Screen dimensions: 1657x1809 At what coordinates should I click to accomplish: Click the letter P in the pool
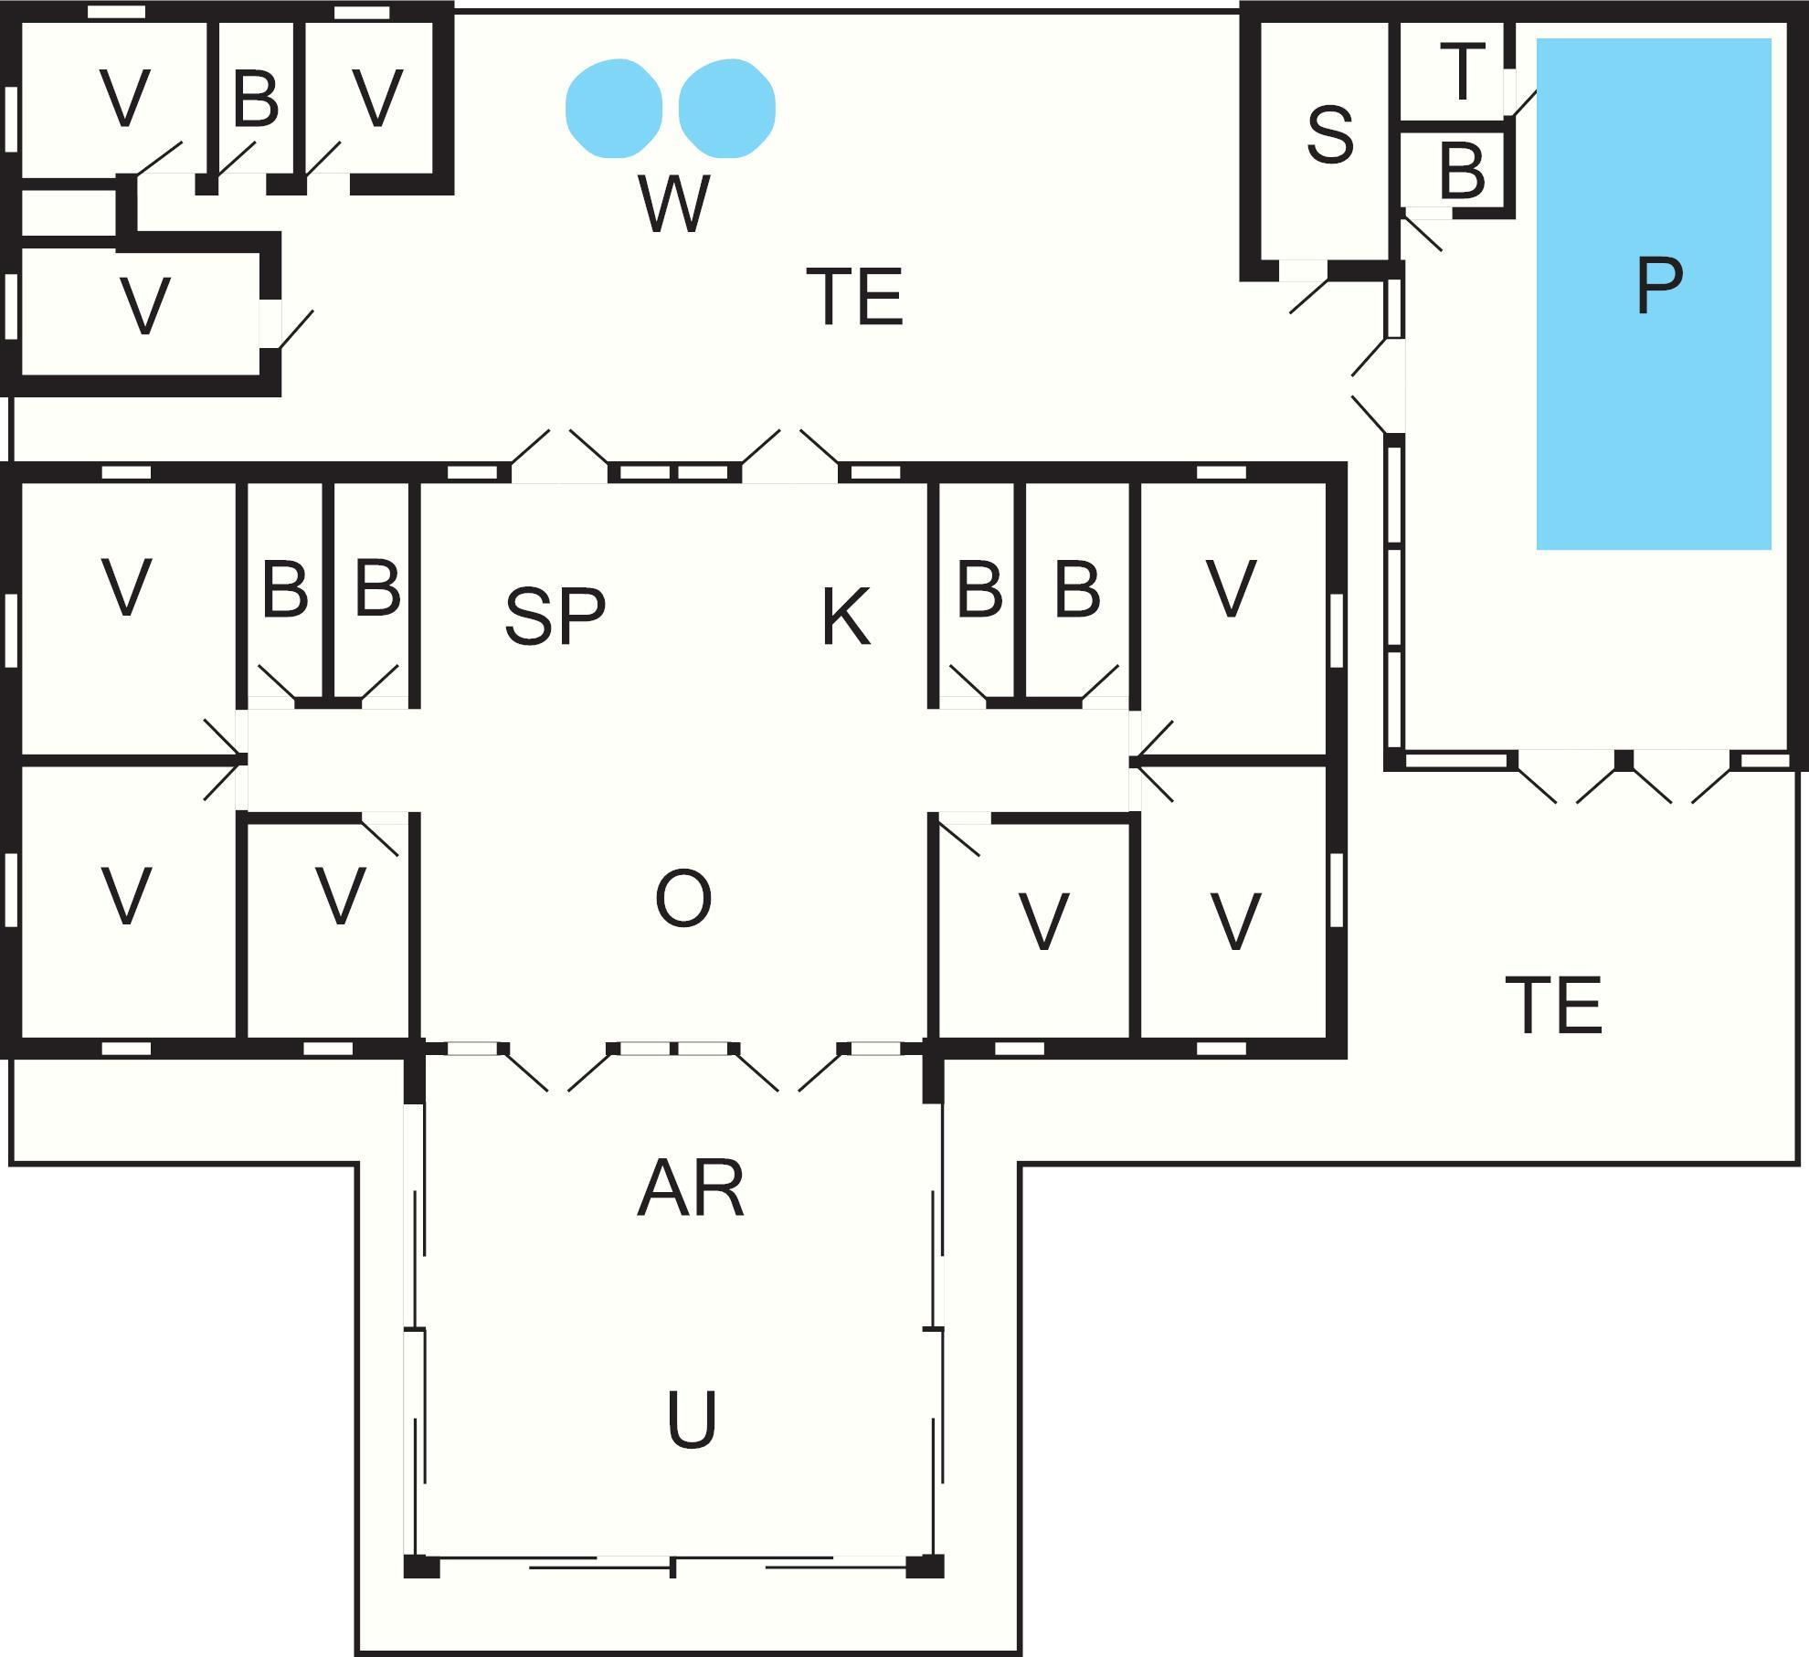[1658, 286]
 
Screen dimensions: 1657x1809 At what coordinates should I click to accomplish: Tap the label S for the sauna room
[1329, 135]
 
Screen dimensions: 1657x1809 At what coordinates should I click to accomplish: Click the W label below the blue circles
[674, 205]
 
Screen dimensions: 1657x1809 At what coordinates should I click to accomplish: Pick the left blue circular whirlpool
[613, 108]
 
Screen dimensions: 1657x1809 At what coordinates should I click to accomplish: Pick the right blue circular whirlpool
[727, 108]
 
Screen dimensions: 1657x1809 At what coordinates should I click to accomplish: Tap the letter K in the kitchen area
[845, 617]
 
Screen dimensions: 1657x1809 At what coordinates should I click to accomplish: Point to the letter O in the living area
[683, 899]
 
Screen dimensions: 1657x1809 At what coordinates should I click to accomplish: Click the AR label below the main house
[691, 1189]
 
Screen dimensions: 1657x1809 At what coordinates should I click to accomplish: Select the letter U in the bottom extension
[691, 1419]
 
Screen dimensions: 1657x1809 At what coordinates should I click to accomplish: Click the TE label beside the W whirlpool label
[855, 296]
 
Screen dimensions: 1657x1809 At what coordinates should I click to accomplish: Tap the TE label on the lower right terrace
[1553, 1005]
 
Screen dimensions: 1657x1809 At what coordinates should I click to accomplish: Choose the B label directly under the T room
[1462, 170]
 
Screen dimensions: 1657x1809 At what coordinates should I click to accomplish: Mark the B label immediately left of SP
[377, 588]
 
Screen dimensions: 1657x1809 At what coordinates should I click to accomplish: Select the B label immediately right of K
[979, 589]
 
